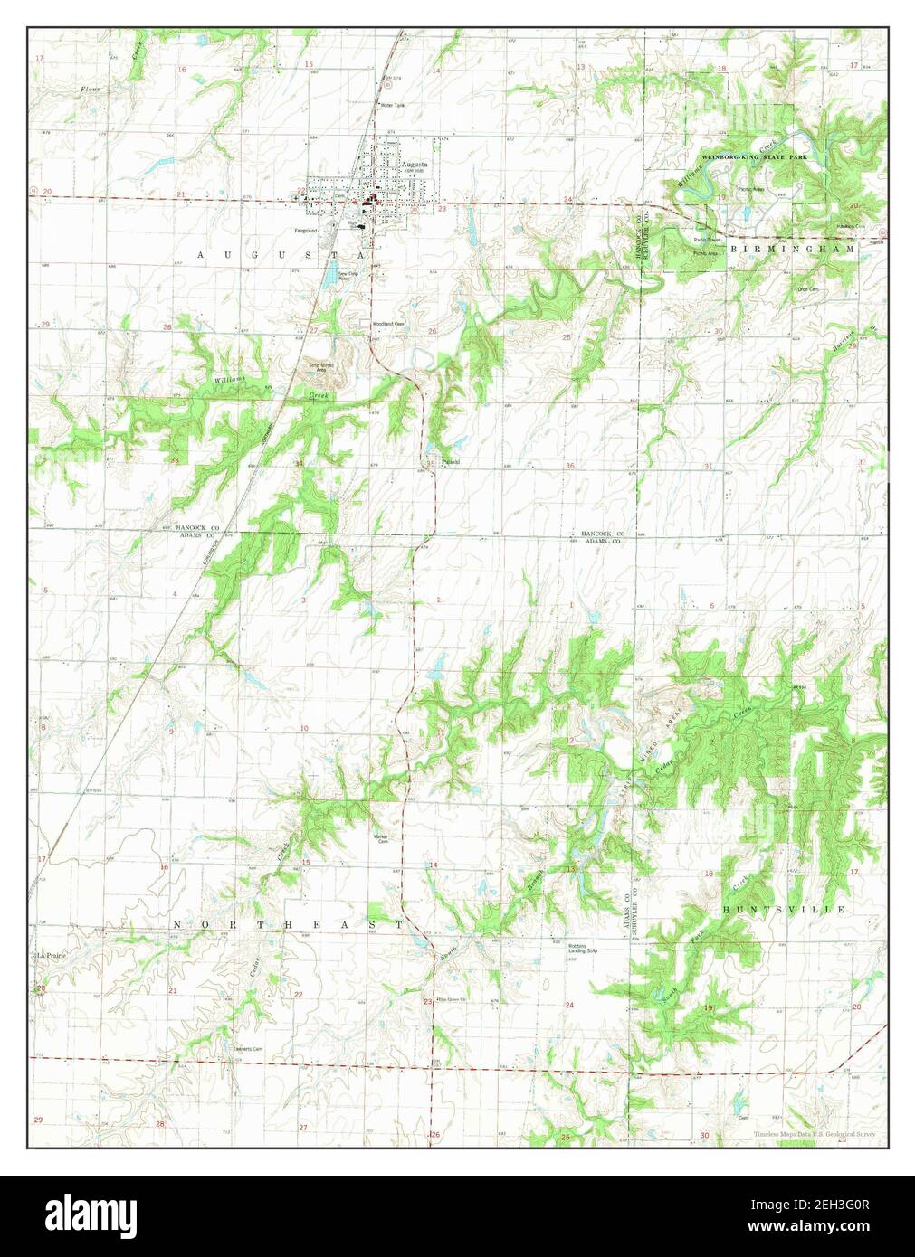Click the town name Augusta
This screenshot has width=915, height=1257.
[x=417, y=165]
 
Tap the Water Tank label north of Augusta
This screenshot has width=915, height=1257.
[x=393, y=106]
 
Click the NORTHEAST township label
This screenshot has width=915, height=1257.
[x=287, y=924]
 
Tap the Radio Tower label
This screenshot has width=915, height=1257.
[x=706, y=240]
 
